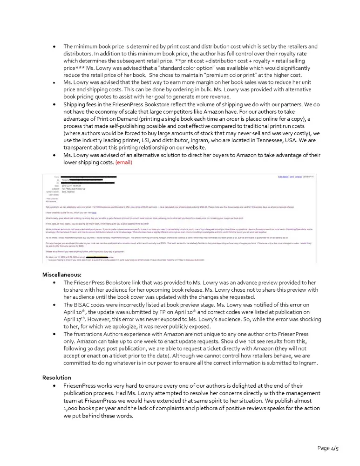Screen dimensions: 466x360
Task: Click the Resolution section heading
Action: click(57, 377)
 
